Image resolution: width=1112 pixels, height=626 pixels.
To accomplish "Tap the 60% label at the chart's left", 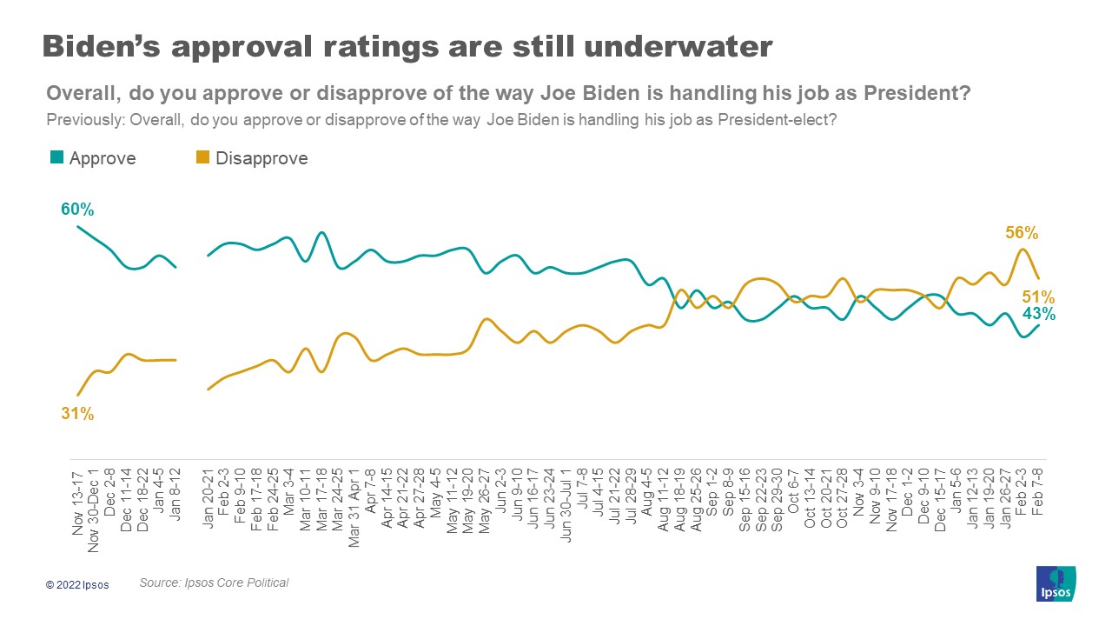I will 77,210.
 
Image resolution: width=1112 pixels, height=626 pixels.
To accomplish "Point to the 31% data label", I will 77,414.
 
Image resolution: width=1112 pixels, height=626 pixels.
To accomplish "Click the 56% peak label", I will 1022,232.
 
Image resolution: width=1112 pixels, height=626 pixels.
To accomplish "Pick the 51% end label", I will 1038,296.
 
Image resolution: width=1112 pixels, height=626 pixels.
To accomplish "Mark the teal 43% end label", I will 1038,313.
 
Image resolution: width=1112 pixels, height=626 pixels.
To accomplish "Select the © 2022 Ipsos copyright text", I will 78,585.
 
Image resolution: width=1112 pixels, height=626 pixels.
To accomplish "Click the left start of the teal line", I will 78,226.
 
